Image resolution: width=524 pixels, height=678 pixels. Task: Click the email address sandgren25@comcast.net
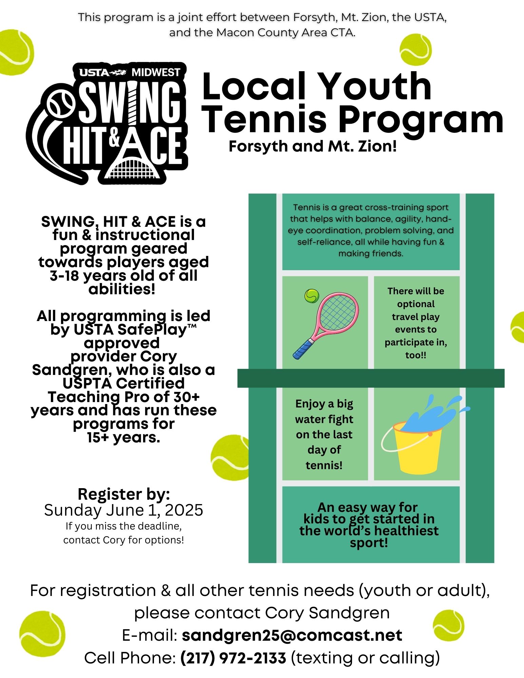click(292, 635)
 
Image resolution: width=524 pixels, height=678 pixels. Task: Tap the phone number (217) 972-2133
click(233, 658)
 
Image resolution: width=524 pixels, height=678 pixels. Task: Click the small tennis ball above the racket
click(311, 296)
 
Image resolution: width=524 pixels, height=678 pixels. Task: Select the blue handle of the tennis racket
click(304, 349)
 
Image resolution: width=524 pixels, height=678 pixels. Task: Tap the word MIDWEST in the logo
click(156, 72)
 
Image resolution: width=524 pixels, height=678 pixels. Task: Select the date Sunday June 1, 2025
click(123, 510)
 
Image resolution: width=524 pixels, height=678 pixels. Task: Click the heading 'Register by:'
click(123, 494)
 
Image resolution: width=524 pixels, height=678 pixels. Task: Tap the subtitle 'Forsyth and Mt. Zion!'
click(312, 146)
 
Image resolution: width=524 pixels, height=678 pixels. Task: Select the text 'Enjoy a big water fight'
click(324, 412)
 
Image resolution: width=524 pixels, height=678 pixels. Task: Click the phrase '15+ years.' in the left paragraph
click(123, 437)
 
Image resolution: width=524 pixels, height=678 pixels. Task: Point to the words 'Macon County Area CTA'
click(285, 33)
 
